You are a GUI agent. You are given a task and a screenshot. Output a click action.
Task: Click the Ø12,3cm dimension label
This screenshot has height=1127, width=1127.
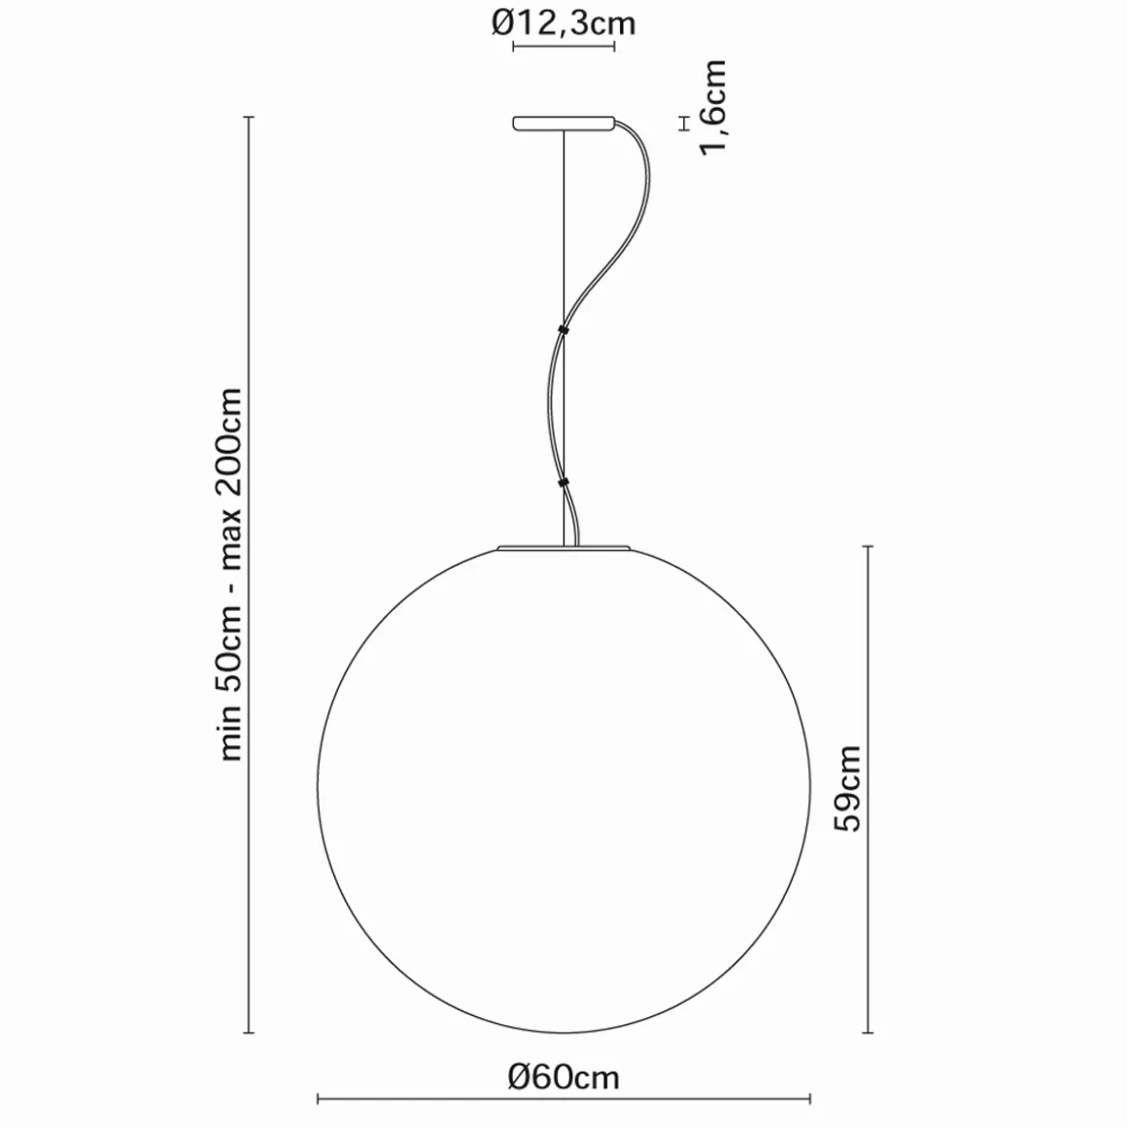point(563,21)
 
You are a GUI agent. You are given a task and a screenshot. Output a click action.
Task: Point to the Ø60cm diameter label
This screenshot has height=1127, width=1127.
point(563,1076)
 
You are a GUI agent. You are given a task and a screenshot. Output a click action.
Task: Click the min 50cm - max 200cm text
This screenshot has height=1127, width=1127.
point(231,573)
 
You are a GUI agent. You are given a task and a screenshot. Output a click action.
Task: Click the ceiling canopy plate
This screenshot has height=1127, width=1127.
point(563,123)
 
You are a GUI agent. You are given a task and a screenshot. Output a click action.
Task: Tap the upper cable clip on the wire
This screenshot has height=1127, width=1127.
point(563,330)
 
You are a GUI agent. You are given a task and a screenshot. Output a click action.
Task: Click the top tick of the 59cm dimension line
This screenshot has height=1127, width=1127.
point(868,547)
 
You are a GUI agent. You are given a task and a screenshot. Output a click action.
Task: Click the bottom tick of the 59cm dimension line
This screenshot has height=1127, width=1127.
point(868,1033)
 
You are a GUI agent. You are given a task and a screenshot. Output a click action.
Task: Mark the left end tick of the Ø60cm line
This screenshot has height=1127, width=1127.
point(319,1101)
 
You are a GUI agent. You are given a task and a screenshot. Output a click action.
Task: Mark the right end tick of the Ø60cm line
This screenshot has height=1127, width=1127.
point(810,1101)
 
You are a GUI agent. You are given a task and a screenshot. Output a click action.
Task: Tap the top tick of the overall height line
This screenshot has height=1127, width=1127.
point(251,118)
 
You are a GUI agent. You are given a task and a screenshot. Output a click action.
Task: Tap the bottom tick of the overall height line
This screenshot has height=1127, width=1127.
point(251,1033)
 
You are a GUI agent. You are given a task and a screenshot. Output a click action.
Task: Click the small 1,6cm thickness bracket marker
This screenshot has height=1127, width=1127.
point(684,123)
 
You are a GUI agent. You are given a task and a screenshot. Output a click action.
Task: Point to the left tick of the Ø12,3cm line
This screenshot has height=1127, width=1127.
point(513,47)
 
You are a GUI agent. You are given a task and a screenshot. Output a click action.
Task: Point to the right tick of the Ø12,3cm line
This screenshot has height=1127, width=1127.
point(614,47)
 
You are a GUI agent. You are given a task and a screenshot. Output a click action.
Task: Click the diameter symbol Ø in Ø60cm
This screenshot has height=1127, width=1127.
point(520,1076)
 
